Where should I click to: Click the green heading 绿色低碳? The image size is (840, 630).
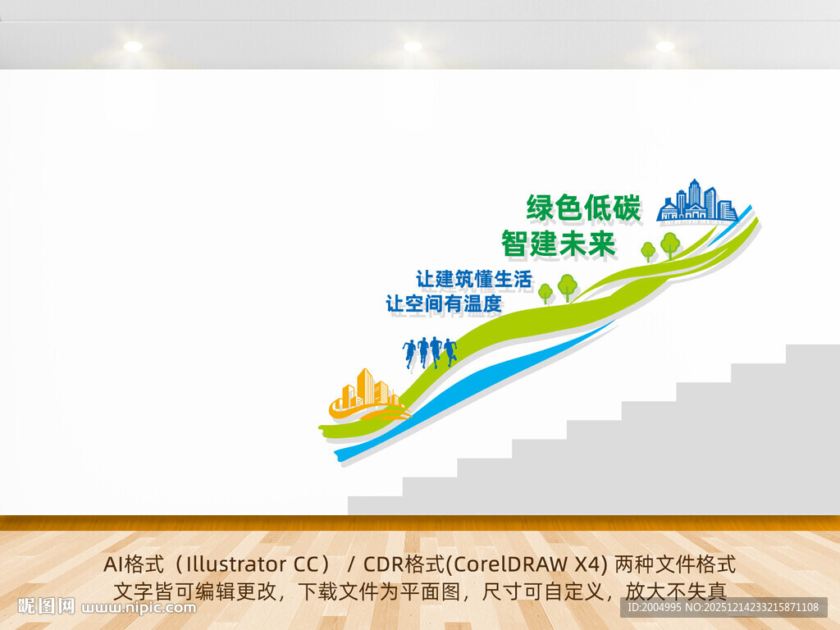point(583,208)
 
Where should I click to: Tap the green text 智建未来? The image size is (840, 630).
point(558,244)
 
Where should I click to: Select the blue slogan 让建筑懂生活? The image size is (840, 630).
point(474,279)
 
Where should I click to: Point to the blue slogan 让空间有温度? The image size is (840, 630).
point(444,304)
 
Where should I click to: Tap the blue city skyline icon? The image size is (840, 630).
point(697,202)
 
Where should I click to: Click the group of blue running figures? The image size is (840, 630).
point(430,351)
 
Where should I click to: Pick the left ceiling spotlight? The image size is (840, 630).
point(133,47)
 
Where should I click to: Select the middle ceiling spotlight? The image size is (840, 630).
point(413,47)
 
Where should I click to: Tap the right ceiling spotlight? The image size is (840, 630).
point(664,47)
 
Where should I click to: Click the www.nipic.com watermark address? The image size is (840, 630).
point(139,608)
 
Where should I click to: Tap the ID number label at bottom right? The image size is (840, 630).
point(723,608)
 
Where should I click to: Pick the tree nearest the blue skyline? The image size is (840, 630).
point(670,244)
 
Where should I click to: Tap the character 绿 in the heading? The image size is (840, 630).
point(541,208)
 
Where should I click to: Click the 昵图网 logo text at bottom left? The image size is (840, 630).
point(46,607)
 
